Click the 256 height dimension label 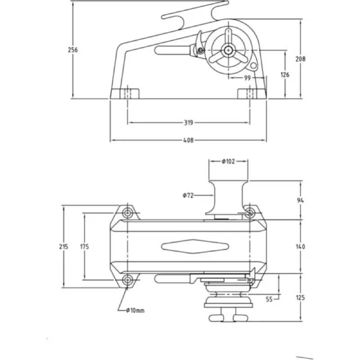pos(73,50)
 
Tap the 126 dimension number pos(285,74)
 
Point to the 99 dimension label pos(247,78)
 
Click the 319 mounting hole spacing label pos(189,122)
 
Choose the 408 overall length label pos(189,140)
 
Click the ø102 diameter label pos(228,161)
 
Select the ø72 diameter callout pos(188,195)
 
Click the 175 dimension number pos(84,246)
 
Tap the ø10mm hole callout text pos(135,310)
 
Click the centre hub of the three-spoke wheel pos(229,50)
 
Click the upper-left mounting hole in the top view pos(128,212)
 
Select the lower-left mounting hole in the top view pos(128,280)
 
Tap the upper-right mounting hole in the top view pos(251,212)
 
